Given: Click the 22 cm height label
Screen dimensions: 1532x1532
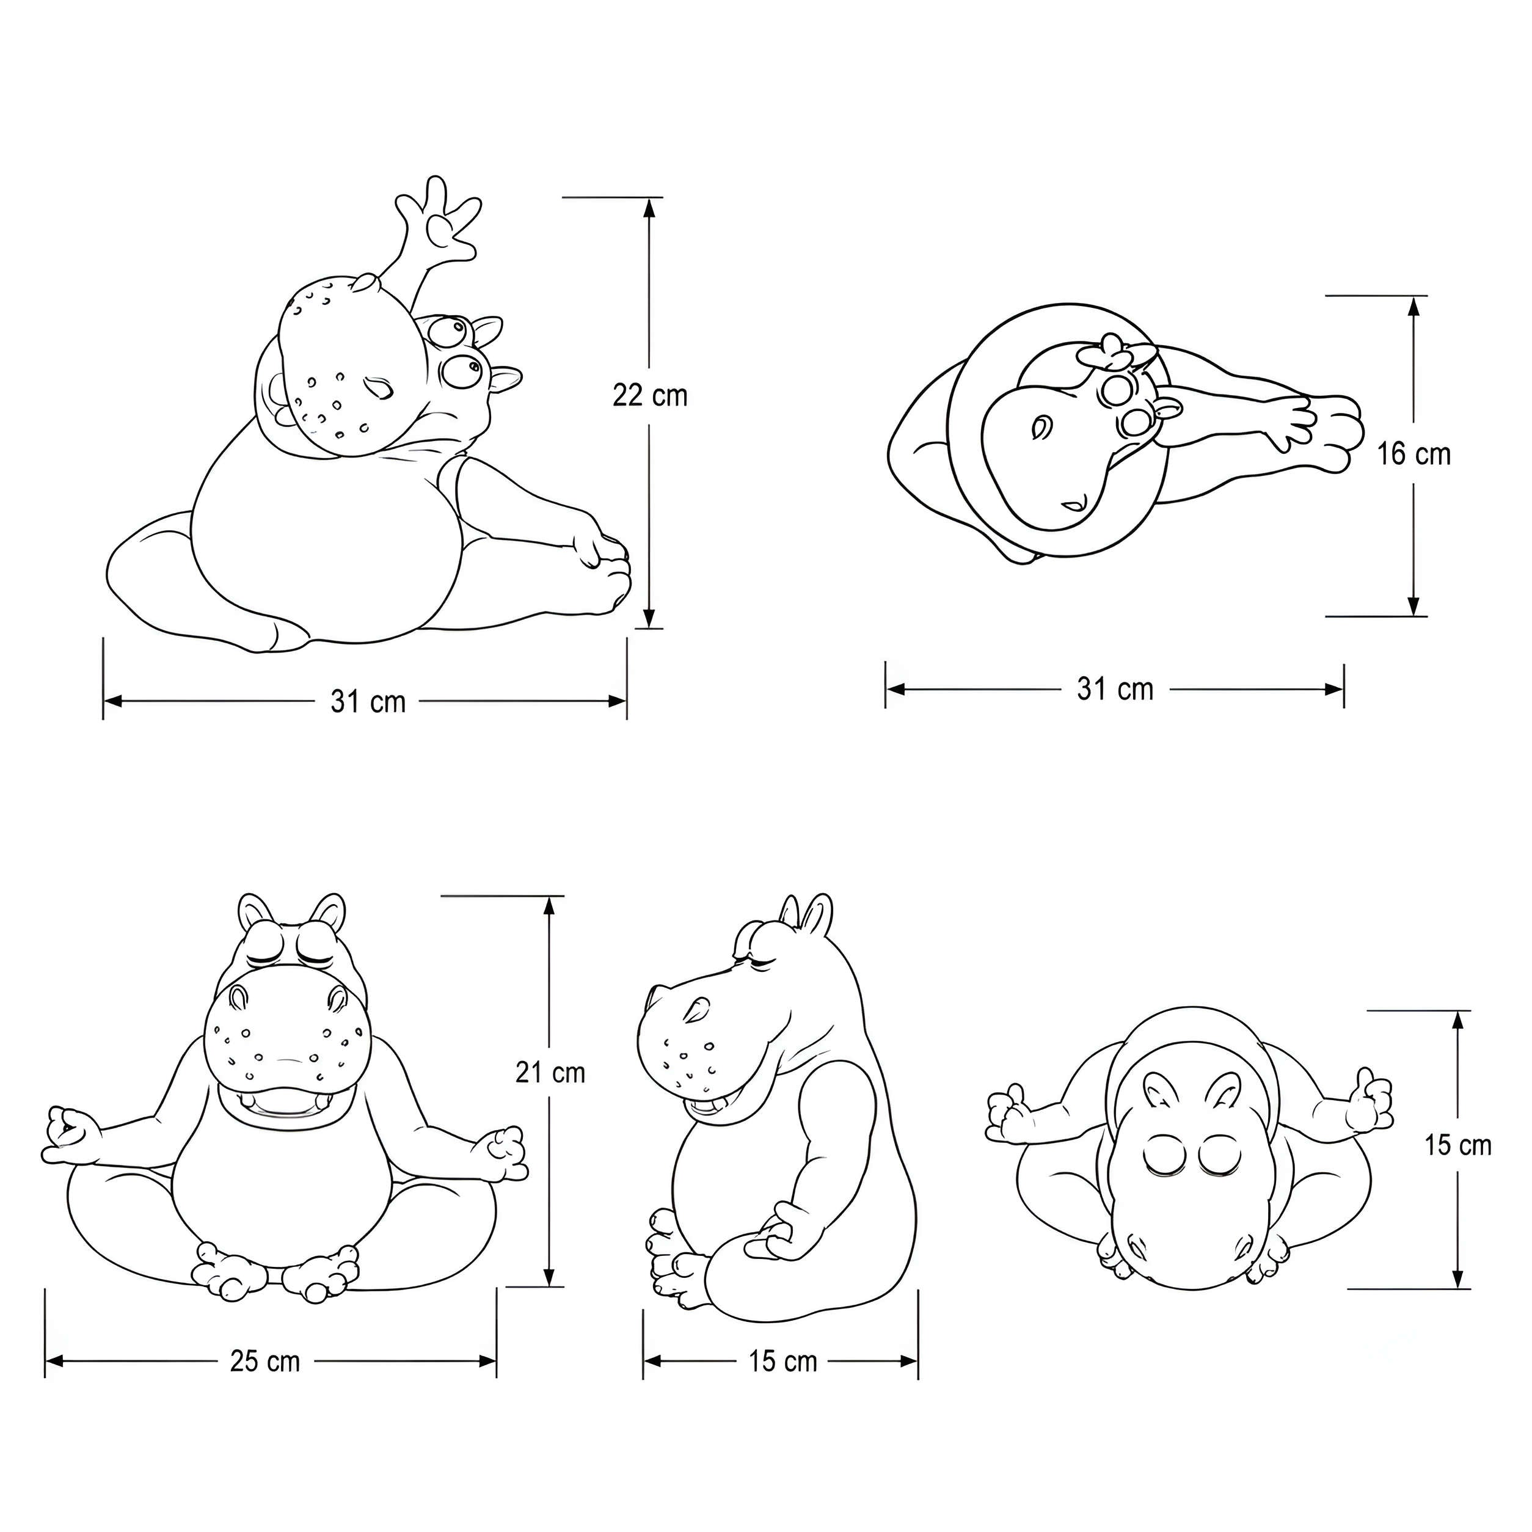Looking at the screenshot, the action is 650,395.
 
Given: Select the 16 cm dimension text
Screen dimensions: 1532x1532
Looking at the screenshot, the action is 1414,454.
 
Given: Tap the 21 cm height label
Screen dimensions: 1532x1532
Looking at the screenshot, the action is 550,1072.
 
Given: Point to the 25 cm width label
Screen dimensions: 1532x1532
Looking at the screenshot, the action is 266,1361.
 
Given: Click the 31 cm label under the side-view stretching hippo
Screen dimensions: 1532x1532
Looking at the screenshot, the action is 368,701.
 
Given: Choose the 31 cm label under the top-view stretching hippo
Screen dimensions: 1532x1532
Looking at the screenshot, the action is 1115,689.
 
